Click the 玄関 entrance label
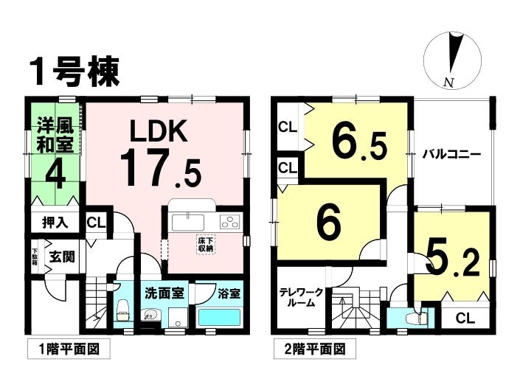[x=60, y=257]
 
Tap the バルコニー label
[x=451, y=156]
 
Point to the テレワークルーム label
[x=301, y=297]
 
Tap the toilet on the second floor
[x=416, y=318]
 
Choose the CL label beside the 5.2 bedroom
[x=465, y=318]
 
